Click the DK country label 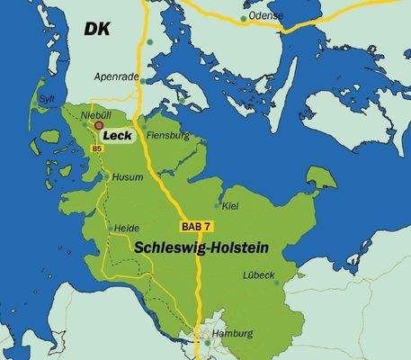click(x=96, y=31)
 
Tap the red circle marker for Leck click(x=100, y=128)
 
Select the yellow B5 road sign click(x=96, y=148)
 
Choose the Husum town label click(x=127, y=177)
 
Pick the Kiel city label click(x=232, y=206)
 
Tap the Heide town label click(x=127, y=229)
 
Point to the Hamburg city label click(x=232, y=333)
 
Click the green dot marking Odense click(x=243, y=17)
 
